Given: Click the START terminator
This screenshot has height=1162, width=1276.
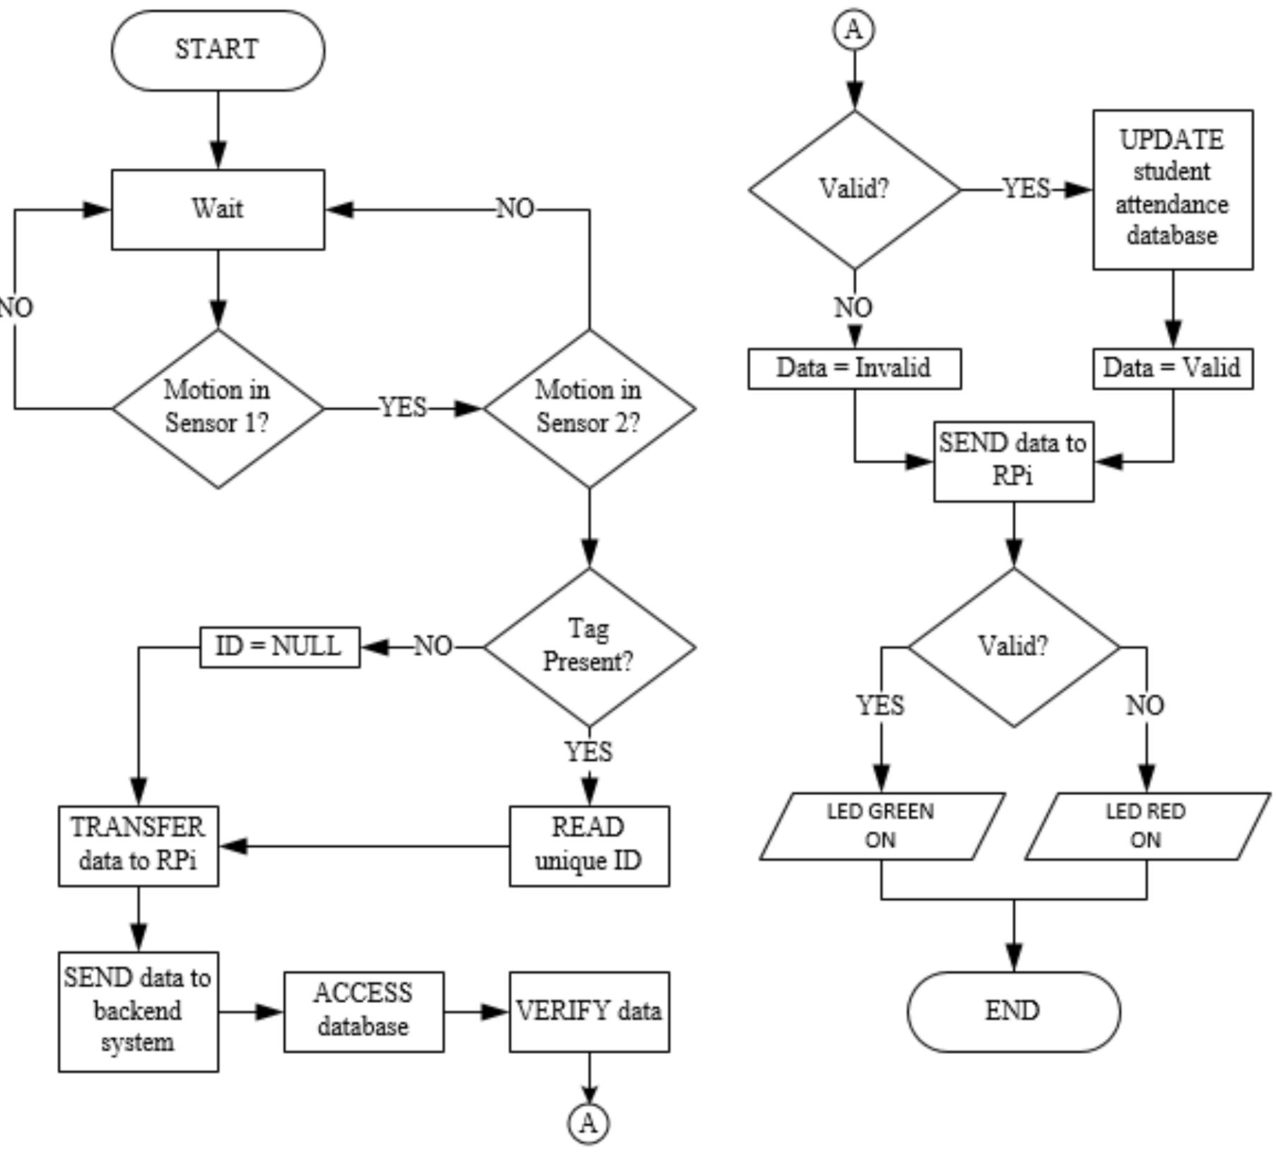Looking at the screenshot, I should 218,50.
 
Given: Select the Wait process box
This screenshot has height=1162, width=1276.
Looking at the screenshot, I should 218,209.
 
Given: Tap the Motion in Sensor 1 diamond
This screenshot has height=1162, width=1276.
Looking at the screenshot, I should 218,408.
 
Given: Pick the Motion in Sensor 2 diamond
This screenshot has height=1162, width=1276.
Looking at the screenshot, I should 589,408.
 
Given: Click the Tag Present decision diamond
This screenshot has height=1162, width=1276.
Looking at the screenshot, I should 589,646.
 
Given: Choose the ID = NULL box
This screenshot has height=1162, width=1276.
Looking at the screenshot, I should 279,646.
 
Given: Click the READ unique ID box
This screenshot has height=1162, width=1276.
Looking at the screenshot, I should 589,845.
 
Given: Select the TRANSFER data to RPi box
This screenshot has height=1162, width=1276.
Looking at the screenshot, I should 138,845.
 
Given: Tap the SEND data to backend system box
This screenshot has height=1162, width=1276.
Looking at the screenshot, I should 138,1011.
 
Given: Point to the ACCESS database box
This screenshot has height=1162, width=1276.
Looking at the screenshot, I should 363,1011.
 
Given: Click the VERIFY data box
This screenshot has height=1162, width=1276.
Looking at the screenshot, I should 589,1011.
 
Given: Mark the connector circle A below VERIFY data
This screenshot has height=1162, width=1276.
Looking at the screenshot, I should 589,1123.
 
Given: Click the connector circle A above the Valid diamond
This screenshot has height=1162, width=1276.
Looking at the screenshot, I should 854,30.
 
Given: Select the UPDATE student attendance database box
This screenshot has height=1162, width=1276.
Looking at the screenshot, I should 1172,189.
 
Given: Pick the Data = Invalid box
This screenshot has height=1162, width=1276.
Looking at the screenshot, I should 854,368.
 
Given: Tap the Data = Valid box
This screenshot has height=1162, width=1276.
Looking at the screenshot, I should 1172,368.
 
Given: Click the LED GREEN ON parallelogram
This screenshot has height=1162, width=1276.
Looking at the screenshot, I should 882,826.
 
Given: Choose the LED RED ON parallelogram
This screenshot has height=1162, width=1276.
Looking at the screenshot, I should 1146,826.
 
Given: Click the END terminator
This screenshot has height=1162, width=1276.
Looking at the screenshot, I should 1013,1011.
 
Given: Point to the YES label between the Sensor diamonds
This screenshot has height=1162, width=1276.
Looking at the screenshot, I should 403,408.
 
